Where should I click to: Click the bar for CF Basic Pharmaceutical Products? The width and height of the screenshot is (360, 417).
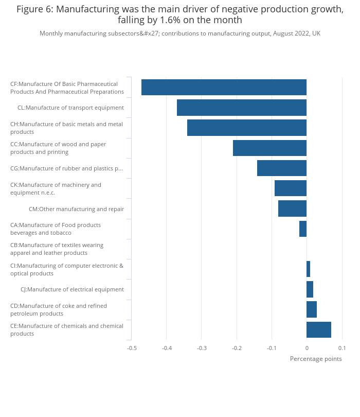coord(224,88)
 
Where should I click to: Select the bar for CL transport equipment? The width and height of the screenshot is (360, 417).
coord(242,108)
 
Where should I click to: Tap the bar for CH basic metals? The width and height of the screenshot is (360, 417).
coord(247,128)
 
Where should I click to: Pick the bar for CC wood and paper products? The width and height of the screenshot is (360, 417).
coord(269,148)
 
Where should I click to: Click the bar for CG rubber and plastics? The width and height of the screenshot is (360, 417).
coord(282,168)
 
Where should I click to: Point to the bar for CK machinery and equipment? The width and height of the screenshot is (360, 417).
coord(291,188)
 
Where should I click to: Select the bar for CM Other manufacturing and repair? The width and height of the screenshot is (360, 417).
coord(292,208)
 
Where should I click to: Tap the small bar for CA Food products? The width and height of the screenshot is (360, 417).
coord(303,229)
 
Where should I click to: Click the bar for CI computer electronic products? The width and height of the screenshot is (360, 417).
coord(308,269)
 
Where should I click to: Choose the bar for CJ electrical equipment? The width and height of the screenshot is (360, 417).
coord(310,289)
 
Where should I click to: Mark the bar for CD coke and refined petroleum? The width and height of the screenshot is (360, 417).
coord(312,309)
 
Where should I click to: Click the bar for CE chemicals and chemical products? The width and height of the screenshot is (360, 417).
coord(319,329)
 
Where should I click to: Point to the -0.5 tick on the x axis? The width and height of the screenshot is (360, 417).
coord(132,348)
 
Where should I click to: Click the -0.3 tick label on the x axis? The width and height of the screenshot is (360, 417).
coord(202,348)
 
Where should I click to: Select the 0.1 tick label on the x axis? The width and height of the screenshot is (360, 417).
coord(342,348)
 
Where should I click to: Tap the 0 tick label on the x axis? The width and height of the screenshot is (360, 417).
coord(307,348)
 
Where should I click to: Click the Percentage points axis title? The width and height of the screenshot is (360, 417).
coord(316,359)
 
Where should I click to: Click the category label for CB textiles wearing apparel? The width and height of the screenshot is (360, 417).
coord(57,249)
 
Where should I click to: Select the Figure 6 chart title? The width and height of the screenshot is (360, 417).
coord(180,14)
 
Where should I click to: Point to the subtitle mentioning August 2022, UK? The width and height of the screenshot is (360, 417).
coord(180,33)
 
